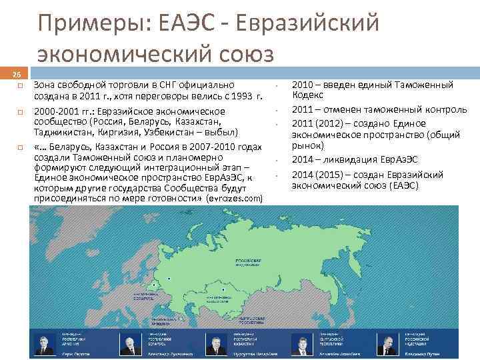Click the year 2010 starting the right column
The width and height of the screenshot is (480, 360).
[305, 85]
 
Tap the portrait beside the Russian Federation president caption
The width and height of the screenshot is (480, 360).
[386, 344]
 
